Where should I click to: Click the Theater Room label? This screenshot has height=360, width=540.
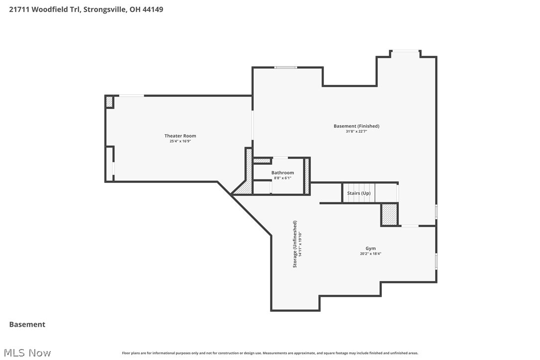tap(180, 136)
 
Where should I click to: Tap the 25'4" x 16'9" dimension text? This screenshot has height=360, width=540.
tap(180, 141)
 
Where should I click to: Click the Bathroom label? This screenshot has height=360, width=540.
tap(282, 173)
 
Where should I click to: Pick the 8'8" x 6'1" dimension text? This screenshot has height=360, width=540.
tap(282, 178)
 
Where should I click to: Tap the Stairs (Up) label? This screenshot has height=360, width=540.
tap(359, 193)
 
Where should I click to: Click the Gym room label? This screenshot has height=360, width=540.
tap(370, 248)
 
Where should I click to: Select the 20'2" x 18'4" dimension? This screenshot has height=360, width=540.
tap(370, 254)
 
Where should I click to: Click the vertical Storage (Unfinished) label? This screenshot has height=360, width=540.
tap(295, 244)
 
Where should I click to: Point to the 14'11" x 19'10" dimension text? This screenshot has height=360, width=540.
tap(300, 244)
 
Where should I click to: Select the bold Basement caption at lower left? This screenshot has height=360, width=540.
tap(27, 324)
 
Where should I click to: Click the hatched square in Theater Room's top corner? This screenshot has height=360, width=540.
tap(109, 101)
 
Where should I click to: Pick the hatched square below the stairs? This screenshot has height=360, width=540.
tap(389, 214)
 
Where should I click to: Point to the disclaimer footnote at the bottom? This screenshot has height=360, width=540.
tap(270, 353)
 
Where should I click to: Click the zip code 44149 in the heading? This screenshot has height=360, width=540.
tap(153, 9)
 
